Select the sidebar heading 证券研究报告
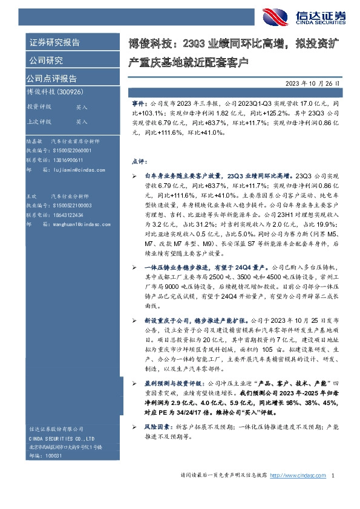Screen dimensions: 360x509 coord(54,42)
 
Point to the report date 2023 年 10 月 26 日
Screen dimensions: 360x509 coord(314,83)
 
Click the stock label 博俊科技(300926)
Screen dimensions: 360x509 coord(49,91)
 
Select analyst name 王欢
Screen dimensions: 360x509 coord(31,197)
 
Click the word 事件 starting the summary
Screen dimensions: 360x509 coord(139,104)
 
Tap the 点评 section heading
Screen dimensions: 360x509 coord(139,161)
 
